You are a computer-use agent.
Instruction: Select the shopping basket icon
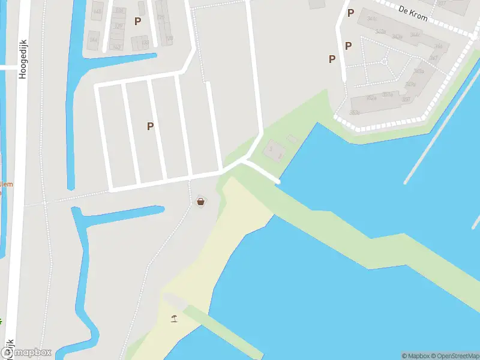point(200,202)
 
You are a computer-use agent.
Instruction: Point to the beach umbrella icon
point(174,318)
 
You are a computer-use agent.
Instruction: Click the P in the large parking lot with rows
point(150,126)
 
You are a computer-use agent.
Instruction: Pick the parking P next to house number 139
point(137,22)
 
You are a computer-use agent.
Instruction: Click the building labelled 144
point(94,40)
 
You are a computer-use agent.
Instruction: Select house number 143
point(117,47)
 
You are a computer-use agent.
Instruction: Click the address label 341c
point(372,19)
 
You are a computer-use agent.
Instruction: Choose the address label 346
point(439,46)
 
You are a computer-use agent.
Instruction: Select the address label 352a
point(371,98)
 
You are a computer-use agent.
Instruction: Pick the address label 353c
point(355,112)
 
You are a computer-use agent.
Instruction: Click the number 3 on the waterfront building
point(271,148)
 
